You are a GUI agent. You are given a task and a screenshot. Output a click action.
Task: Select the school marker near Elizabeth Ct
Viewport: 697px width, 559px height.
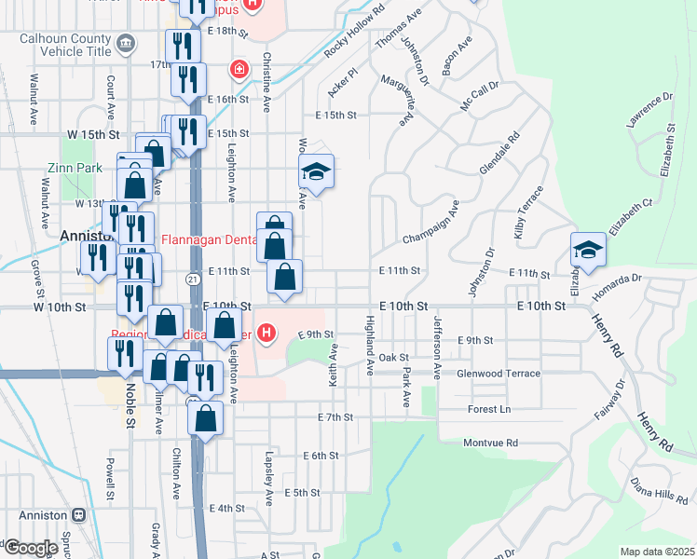coord(588,250)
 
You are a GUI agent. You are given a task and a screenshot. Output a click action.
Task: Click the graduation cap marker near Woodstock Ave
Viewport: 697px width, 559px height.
coord(317,171)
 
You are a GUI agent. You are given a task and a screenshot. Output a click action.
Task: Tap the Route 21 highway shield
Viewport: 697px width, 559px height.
coord(190,279)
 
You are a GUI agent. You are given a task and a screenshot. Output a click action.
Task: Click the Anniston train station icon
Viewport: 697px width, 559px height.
coord(78,514)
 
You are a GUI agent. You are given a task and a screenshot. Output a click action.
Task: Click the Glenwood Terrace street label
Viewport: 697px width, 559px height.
coord(499,374)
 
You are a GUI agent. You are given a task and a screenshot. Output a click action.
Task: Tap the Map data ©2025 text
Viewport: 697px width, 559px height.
coord(657,552)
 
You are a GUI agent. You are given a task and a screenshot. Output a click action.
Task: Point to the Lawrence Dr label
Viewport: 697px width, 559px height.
coord(649,111)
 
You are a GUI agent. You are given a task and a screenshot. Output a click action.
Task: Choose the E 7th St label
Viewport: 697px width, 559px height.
coord(335,417)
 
